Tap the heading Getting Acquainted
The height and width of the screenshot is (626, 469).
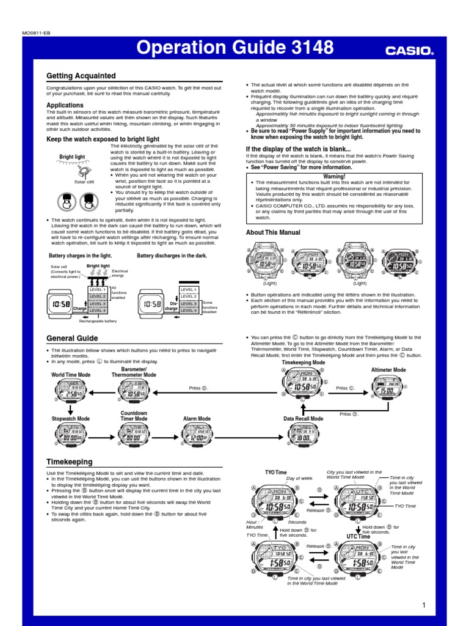click(81, 76)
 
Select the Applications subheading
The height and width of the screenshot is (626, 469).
click(65, 105)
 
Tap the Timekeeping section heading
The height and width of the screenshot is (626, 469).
click(70, 462)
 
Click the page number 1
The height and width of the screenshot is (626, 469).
click(423, 605)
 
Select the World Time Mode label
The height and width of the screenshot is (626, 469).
click(71, 375)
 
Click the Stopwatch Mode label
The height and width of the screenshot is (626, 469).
click(70, 419)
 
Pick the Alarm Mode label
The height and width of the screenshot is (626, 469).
click(197, 419)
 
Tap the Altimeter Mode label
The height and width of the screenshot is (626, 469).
click(388, 370)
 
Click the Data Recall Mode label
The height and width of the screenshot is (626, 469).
click(304, 419)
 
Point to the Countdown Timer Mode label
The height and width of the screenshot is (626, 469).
click(134, 416)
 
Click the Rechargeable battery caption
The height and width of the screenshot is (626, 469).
click(98, 321)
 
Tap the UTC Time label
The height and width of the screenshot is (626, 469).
click(358, 536)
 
